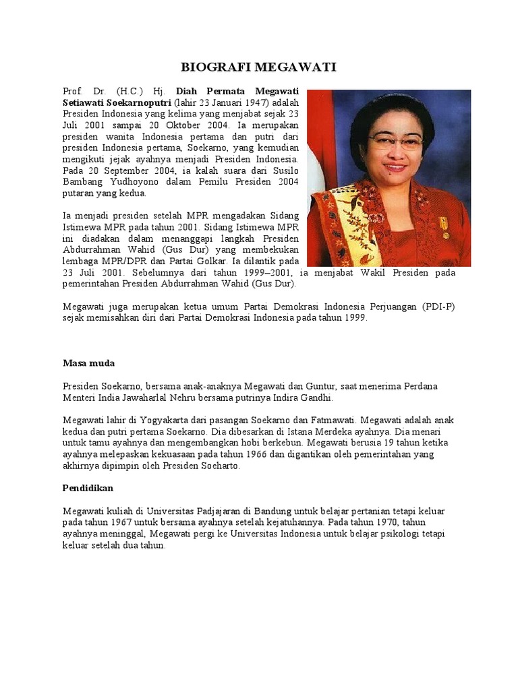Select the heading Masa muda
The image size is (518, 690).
pyautogui.click(x=88, y=363)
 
